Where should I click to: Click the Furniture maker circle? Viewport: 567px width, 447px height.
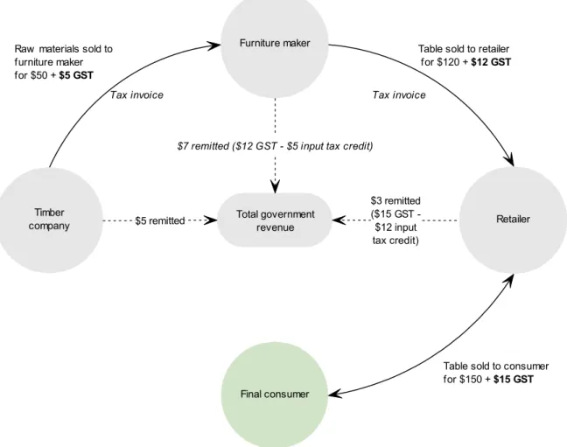pyautogui.click(x=275, y=44)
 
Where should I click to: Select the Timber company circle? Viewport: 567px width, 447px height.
pyautogui.click(x=49, y=220)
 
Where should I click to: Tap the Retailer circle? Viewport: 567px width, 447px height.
pyautogui.click(x=513, y=220)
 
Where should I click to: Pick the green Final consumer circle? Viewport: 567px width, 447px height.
pyautogui.click(x=275, y=395)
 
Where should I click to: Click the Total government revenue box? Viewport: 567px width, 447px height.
pyautogui.click(x=275, y=220)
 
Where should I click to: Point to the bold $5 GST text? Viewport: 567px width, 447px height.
pyautogui.click(x=76, y=75)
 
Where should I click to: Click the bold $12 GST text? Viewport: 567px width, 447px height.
pyautogui.click(x=491, y=62)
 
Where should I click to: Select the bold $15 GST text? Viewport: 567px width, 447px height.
pyautogui.click(x=514, y=379)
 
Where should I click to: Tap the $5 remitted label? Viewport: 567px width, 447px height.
pyautogui.click(x=160, y=220)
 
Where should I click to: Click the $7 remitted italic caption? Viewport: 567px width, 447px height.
pyautogui.click(x=275, y=146)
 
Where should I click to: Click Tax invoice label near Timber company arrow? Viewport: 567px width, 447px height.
pyautogui.click(x=136, y=94)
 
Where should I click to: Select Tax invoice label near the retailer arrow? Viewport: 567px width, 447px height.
pyautogui.click(x=399, y=94)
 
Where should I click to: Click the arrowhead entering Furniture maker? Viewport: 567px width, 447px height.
pyautogui.click(x=214, y=45)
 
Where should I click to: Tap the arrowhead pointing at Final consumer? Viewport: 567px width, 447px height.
pyautogui.click(x=334, y=394)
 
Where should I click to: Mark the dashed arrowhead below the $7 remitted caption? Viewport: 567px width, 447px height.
pyautogui.click(x=275, y=187)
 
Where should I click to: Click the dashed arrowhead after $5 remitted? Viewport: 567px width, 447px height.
pyautogui.click(x=211, y=220)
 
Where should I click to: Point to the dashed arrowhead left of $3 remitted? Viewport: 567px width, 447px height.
pyautogui.click(x=339, y=220)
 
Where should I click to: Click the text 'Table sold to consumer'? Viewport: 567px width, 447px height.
pyautogui.click(x=496, y=366)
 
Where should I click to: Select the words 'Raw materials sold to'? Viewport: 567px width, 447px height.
pyautogui.click(x=64, y=49)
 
